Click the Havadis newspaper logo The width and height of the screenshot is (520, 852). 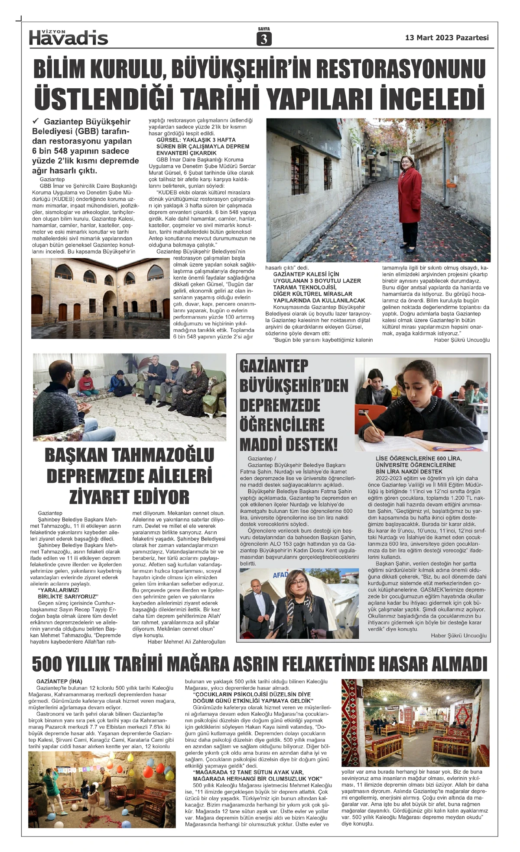68,38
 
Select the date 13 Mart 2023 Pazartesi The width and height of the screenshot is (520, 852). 447,38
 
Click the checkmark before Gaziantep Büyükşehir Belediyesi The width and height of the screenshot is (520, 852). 36,122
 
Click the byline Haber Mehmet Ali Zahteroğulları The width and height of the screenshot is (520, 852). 186,642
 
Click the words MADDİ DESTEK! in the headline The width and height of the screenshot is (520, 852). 288,444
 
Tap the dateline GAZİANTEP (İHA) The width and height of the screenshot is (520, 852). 59,682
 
